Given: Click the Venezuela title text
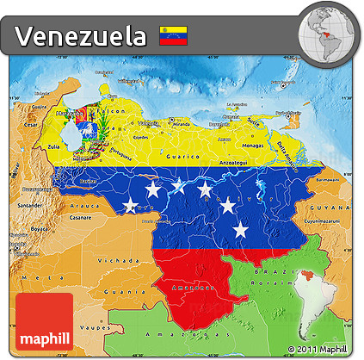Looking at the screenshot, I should click(x=80, y=35).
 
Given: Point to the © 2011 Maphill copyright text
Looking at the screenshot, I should click(x=319, y=348).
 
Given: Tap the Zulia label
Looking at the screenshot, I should click(x=53, y=147).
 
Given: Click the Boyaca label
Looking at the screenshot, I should click(x=39, y=228).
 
